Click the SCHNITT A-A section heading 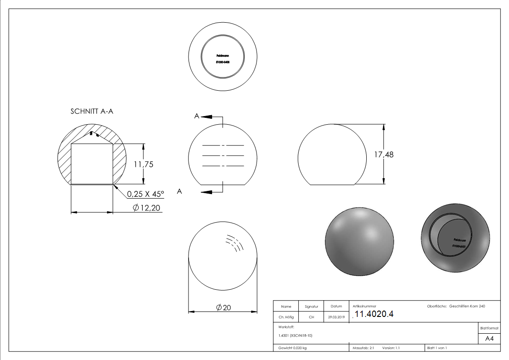click(x=92, y=112)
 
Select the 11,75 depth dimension click(x=143, y=165)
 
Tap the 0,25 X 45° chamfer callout click(x=145, y=194)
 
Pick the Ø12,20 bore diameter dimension click(x=147, y=208)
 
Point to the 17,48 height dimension click(x=383, y=155)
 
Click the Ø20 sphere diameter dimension click(x=224, y=308)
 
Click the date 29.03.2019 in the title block click(x=336, y=317)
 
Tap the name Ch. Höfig click(x=286, y=317)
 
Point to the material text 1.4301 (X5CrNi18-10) click(x=296, y=336)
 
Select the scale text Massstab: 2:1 click(x=363, y=348)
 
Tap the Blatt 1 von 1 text click(x=437, y=348)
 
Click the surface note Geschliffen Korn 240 click(x=467, y=306)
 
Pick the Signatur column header click(x=311, y=306)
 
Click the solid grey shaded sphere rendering click(x=359, y=241)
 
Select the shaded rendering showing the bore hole click(x=455, y=241)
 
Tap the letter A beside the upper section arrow click(x=197, y=117)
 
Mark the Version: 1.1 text click(x=391, y=348)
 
